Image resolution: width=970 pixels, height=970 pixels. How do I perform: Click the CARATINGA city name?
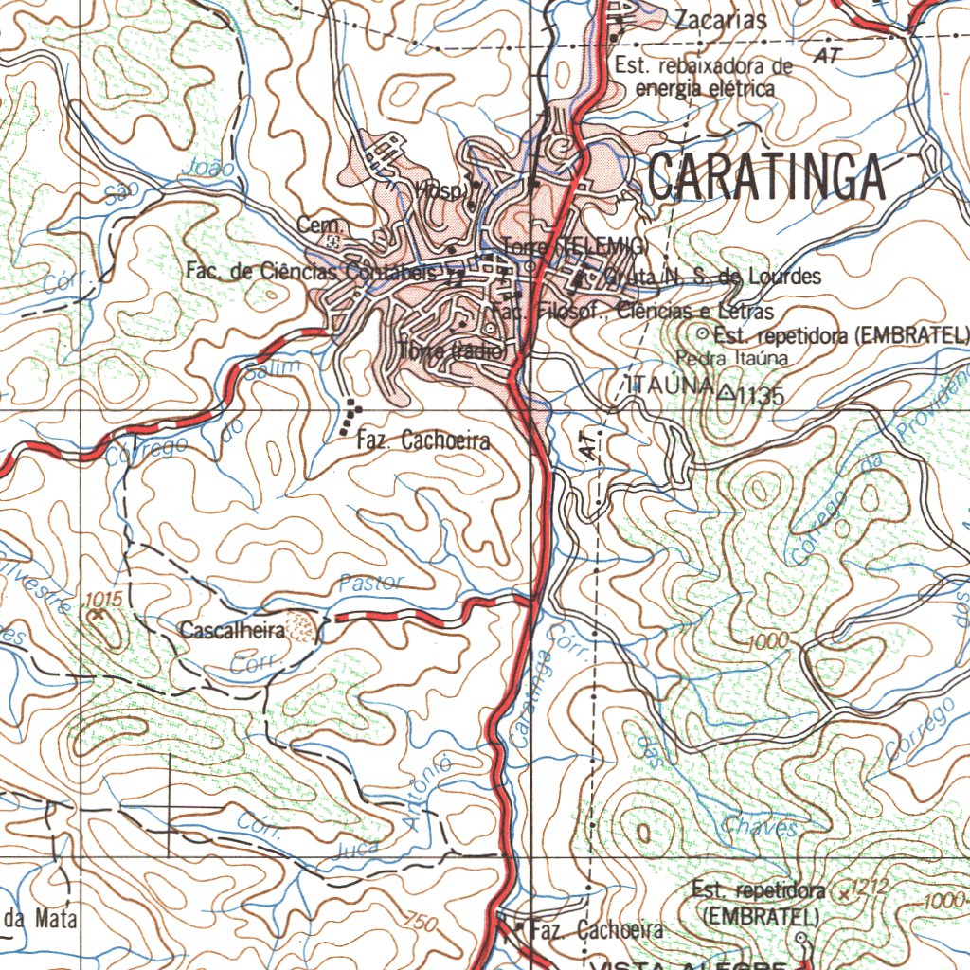[766, 177]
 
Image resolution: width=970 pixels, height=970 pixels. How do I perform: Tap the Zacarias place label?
[720, 20]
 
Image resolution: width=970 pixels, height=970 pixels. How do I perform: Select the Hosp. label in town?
[439, 191]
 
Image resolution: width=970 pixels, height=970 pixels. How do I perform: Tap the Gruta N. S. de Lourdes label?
[712, 278]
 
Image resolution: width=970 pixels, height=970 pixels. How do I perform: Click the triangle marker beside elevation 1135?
[726, 390]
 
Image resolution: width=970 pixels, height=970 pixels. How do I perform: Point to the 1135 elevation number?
[763, 396]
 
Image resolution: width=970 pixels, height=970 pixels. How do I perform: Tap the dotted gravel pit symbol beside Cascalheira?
[302, 626]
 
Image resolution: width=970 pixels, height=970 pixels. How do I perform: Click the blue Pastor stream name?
[370, 583]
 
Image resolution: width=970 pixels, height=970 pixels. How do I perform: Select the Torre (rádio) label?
[454, 350]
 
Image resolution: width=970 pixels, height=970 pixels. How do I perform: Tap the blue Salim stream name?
[273, 369]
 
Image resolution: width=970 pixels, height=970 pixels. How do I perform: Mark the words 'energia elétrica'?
[705, 88]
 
